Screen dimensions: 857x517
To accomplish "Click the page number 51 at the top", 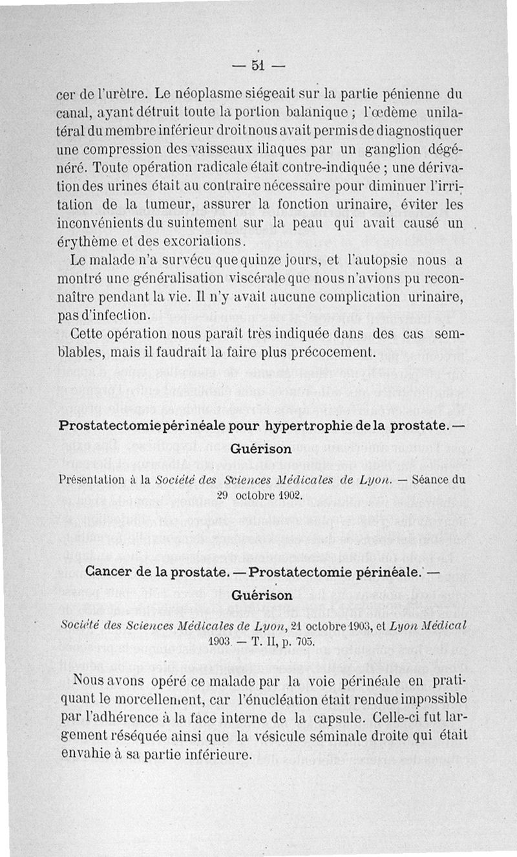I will pyautogui.click(x=258, y=65).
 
